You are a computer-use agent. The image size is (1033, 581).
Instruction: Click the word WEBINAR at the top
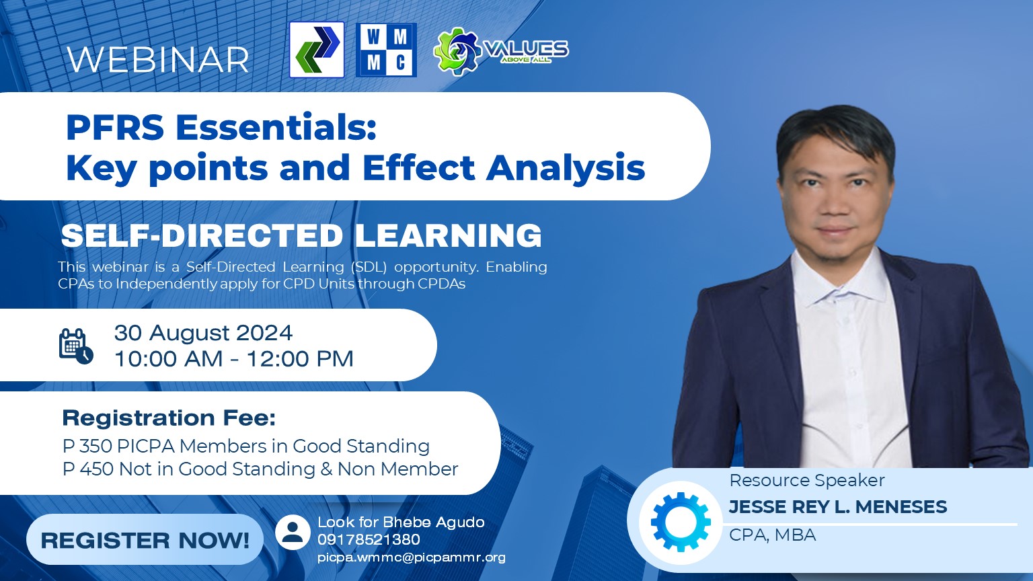click(x=158, y=59)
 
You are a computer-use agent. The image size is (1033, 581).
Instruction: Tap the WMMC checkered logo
click(x=387, y=50)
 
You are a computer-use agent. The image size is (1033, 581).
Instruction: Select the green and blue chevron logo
click(x=317, y=50)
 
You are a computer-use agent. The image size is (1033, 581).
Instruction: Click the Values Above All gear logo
click(x=501, y=50)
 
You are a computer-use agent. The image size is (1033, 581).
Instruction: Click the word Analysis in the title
click(x=566, y=168)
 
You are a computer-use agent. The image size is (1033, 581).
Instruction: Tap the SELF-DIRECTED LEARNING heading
click(x=301, y=235)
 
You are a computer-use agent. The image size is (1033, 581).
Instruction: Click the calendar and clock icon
click(x=76, y=346)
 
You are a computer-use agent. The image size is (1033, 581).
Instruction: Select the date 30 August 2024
click(x=203, y=332)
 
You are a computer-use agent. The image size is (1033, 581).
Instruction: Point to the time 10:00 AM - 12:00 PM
click(x=234, y=358)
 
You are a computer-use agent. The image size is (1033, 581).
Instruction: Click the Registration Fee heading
click(x=169, y=418)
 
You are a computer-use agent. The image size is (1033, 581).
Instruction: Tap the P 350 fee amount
click(x=87, y=446)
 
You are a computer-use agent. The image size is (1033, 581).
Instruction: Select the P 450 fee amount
click(x=87, y=469)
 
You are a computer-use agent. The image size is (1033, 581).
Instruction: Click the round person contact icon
click(x=293, y=532)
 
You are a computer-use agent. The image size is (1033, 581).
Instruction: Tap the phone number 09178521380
click(x=369, y=539)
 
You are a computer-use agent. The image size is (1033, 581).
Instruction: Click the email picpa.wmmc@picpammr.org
click(x=412, y=557)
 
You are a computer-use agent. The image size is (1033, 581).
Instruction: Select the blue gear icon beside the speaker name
click(x=681, y=522)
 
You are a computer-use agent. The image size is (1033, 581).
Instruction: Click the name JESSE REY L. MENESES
click(x=838, y=507)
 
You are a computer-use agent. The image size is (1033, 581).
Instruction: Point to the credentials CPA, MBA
click(x=773, y=535)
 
